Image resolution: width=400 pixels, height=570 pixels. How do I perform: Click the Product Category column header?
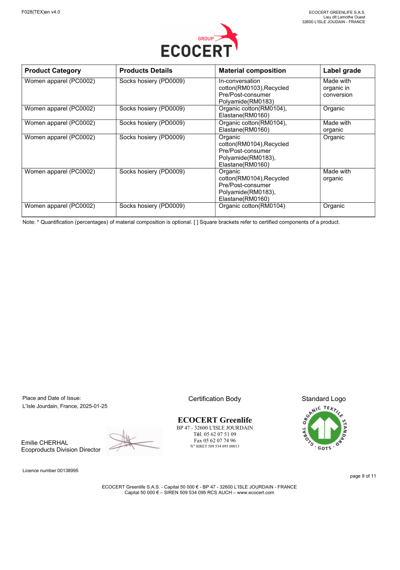52,71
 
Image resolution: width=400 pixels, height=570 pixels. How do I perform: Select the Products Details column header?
146,71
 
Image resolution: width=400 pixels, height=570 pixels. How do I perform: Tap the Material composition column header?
252,71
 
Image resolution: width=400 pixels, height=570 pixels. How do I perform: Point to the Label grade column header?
341,71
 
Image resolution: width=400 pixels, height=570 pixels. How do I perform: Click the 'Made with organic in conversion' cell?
337,88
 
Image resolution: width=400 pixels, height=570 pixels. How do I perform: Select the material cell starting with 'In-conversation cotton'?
254,91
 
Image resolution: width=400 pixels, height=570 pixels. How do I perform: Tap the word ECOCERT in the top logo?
197,51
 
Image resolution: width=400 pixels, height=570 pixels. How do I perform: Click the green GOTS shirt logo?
324,429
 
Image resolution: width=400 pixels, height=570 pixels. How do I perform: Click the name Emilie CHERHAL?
44,442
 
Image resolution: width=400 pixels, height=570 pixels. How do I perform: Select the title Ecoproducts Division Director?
61,450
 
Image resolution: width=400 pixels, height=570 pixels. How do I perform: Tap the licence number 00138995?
64,471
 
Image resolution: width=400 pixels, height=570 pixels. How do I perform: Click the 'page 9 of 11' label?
362,476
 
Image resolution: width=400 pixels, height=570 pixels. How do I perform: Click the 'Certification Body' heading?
214,399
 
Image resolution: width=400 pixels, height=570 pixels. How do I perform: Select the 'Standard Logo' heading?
323,399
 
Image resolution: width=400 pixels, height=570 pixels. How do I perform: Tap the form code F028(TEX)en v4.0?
41,12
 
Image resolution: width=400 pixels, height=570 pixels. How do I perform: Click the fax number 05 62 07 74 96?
214,440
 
